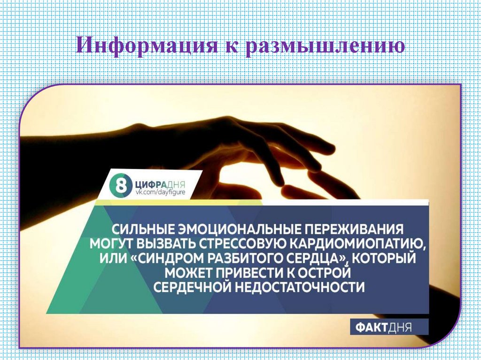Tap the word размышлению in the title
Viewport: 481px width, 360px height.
point(324,46)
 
